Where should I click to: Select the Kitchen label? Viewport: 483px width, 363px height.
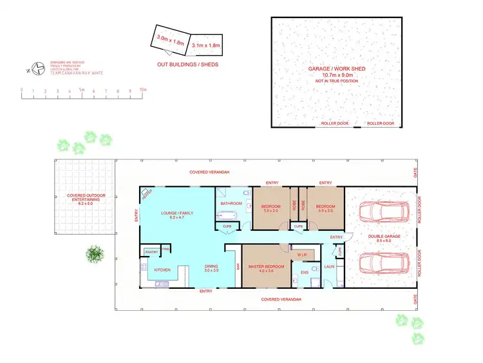tap(162, 270)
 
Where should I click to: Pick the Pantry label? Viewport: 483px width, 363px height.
tap(151, 251)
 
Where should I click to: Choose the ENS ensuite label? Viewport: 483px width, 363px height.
tap(305, 272)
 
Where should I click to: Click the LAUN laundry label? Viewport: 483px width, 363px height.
tap(329, 266)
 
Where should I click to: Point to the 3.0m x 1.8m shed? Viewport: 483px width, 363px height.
tap(171, 39)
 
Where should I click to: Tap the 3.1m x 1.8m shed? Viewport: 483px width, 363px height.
tap(206, 46)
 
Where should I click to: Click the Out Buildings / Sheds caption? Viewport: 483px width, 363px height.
tap(187, 65)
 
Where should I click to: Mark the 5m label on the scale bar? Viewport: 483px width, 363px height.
tap(82, 90)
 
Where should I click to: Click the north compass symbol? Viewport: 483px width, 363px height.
tap(39, 67)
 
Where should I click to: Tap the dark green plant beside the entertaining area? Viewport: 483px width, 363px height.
tap(95, 253)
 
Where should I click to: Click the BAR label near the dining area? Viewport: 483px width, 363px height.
tap(237, 265)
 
